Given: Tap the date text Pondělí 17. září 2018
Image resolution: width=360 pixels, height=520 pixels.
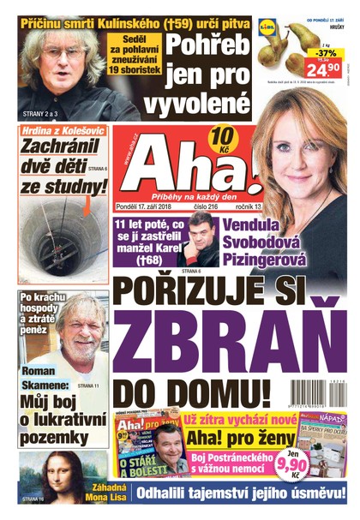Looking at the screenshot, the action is [x=151, y=206].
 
